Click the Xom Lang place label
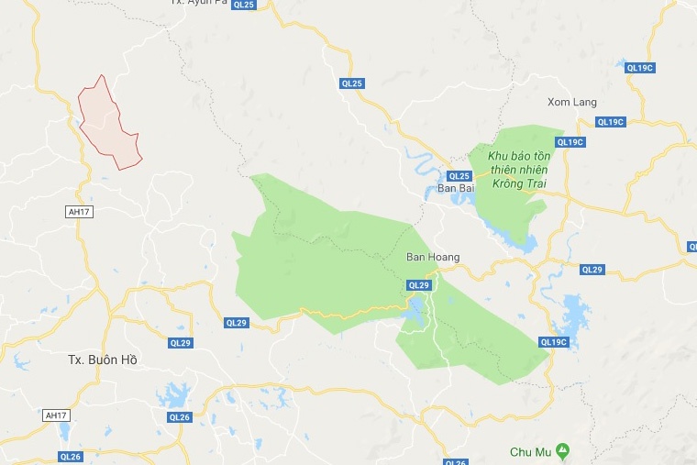pos(571,101)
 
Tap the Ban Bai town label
pos(455,188)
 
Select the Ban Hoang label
pos(433,258)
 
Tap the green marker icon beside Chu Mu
pos(563,451)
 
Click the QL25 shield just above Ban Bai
pos(459,175)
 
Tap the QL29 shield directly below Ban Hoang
pos(418,285)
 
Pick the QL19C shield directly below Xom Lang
pos(610,122)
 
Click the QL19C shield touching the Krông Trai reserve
pos(570,142)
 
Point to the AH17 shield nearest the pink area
pos(80,211)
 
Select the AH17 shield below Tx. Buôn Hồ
pos(57,415)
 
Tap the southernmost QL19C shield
pos(554,342)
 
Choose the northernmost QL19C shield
pos(638,68)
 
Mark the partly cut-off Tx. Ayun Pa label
pos(199,3)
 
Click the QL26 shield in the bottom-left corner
pos(71,456)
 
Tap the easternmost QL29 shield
pos(592,269)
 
